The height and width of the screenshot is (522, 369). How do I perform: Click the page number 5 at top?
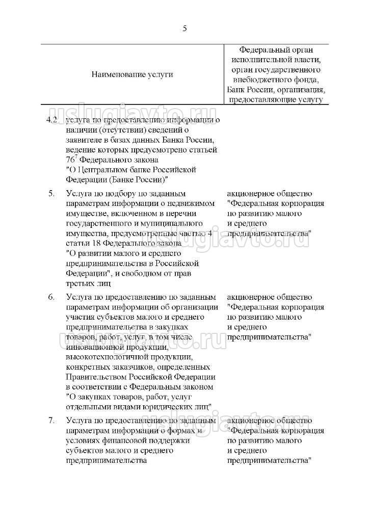184,29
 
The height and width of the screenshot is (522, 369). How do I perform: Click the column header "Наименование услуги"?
131,74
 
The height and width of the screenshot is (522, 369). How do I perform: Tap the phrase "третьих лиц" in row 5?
89,283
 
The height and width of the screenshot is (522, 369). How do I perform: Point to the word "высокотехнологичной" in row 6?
104,357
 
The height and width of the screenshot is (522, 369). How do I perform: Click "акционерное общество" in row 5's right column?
269,194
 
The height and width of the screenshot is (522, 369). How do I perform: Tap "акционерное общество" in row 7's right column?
269,421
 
